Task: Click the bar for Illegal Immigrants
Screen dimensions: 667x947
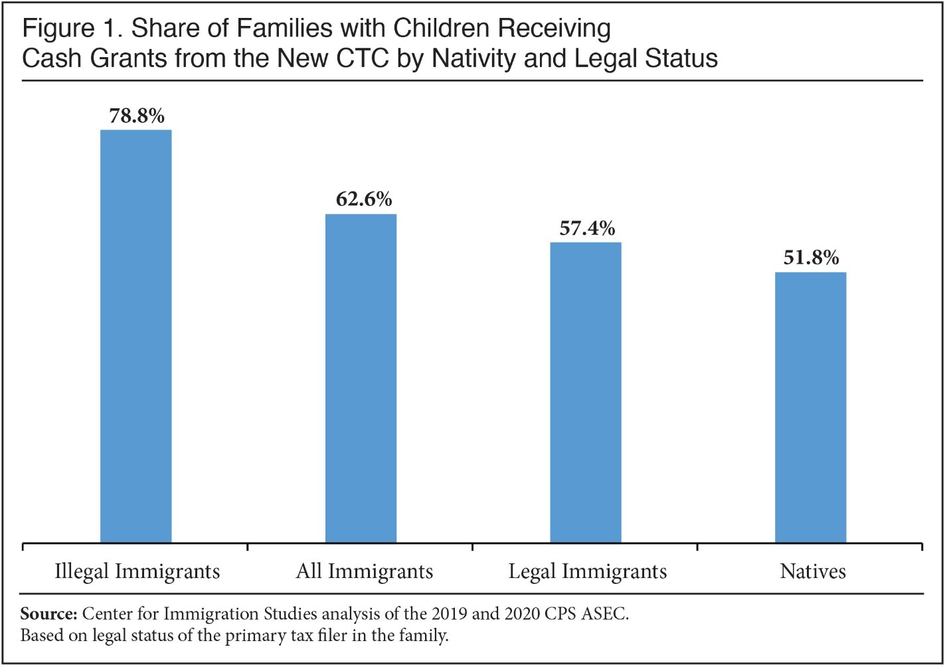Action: click(x=136, y=336)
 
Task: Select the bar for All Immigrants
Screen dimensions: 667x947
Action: click(x=361, y=378)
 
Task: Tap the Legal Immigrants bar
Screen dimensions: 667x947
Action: click(x=586, y=393)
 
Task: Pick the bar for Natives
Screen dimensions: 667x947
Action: click(x=811, y=407)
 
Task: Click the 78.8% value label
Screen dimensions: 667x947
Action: click(x=137, y=116)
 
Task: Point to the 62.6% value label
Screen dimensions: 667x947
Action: click(x=364, y=199)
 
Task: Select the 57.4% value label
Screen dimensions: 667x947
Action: click(x=587, y=229)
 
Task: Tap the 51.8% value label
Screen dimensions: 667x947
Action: click(x=811, y=258)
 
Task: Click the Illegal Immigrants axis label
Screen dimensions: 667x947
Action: click(x=137, y=572)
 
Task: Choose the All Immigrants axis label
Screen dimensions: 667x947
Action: click(x=365, y=572)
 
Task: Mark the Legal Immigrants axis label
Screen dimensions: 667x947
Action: click(x=588, y=572)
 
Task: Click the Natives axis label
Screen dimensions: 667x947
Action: click(x=813, y=572)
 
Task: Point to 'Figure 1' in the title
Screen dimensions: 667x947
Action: click(x=58, y=29)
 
